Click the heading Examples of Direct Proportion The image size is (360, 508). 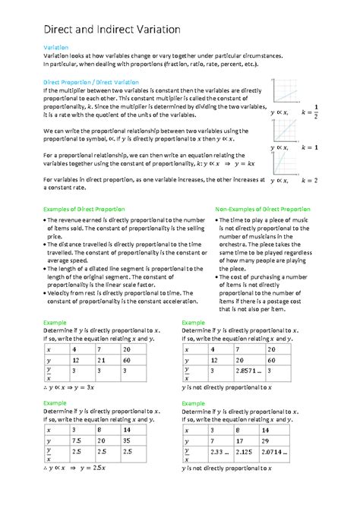click(x=84, y=208)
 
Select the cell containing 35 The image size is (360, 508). click(x=127, y=440)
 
